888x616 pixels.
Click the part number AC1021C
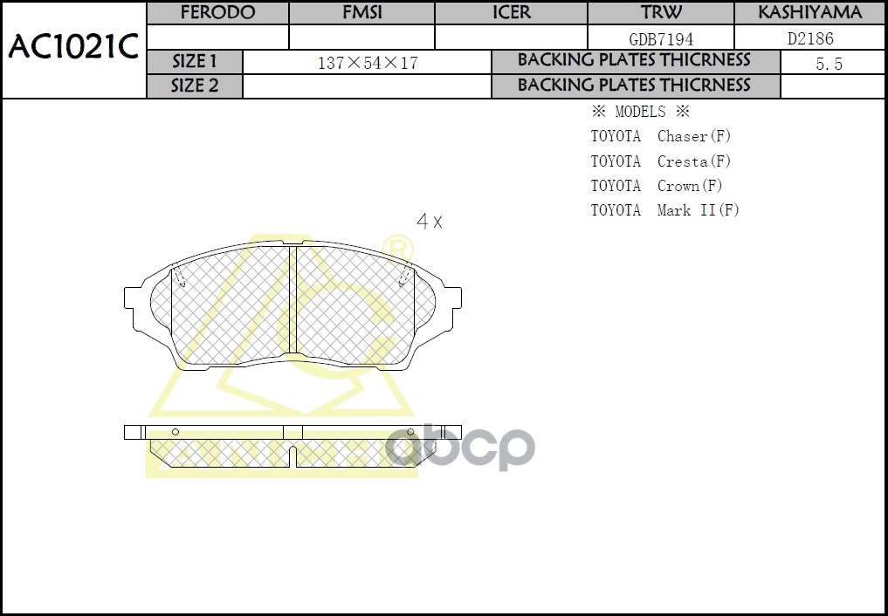pos(73,48)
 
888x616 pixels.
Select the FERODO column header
pos(217,12)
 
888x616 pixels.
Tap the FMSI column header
pos(361,12)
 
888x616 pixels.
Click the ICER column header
pos(511,12)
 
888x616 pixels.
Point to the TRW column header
pos(661,12)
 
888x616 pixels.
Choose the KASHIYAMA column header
pos(809,12)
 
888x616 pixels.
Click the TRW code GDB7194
pos(661,39)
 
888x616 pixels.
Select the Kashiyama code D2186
pos(809,39)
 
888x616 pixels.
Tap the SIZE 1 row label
pos(194,62)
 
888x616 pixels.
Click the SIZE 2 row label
pos(194,86)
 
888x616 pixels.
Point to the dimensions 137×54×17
pos(368,64)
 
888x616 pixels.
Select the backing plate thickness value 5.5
pos(828,64)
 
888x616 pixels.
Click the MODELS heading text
pos(640,112)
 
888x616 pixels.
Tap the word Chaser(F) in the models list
pos(693,136)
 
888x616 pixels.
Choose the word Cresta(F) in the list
pos(693,161)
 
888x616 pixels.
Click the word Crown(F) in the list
pos(690,186)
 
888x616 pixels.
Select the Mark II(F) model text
pos(698,210)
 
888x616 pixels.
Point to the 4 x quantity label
pos(429,222)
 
